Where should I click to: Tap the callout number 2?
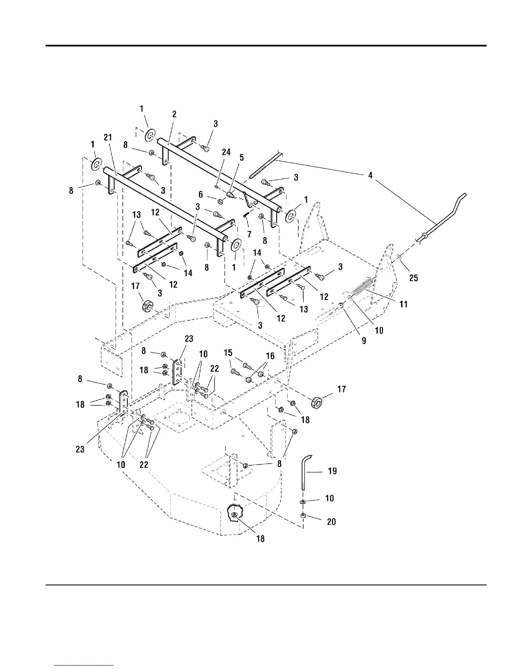pos(174,114)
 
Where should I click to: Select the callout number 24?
pos(226,152)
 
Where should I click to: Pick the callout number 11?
pos(403,304)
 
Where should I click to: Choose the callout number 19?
pos(332,470)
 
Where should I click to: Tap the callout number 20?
pos(332,522)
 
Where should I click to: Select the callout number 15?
pos(228,353)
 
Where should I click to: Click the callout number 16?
pos(270,356)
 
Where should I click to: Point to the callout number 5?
pos(241,158)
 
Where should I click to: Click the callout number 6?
pos(201,194)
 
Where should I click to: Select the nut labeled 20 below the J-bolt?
pos(303,515)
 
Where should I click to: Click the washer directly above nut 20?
pos(303,501)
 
